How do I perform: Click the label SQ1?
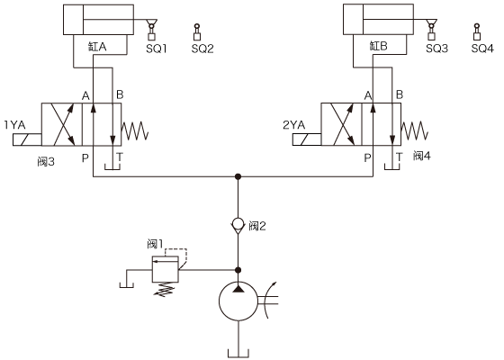click(x=157, y=49)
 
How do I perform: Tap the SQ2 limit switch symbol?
click(x=197, y=32)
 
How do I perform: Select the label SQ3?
click(x=436, y=49)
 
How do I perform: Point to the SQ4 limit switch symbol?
click(x=477, y=32)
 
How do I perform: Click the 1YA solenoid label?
click(x=14, y=125)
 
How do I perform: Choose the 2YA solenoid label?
click(x=293, y=125)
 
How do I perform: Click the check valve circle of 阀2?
click(x=238, y=224)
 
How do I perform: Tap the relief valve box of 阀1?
click(x=166, y=269)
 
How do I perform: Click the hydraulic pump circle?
click(x=238, y=301)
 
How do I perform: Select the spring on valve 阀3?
click(x=135, y=131)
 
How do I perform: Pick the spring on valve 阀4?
click(x=415, y=131)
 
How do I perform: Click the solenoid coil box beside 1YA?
click(x=27, y=140)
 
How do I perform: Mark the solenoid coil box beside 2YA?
click(x=307, y=140)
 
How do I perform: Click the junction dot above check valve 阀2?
click(x=238, y=176)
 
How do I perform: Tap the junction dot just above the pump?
click(x=238, y=270)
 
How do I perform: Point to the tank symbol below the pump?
click(x=238, y=353)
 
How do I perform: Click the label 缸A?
click(x=97, y=47)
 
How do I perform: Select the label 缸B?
click(x=378, y=46)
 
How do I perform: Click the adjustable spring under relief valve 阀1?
click(x=166, y=289)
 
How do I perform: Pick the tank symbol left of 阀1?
click(x=127, y=284)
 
